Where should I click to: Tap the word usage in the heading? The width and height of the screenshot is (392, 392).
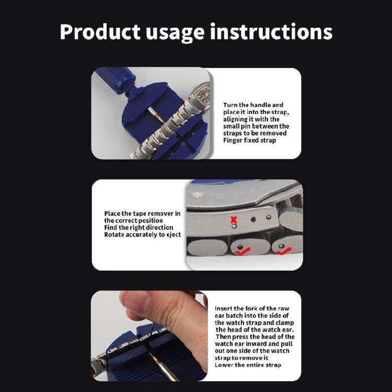pos(174,32)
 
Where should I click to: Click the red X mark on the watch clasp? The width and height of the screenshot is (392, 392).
pos(234,220)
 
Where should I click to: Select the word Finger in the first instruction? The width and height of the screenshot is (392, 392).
pos(234,141)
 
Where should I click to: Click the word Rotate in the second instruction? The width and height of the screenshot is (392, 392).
pos(114,235)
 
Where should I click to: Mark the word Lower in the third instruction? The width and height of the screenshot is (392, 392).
pos(225,365)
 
